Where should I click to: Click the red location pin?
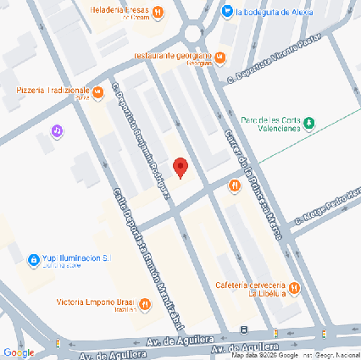180,167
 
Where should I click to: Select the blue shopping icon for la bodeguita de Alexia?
226,12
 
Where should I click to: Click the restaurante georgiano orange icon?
219,58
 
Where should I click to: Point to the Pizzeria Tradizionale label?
52,91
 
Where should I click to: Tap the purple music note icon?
57,131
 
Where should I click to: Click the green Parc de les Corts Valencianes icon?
309,124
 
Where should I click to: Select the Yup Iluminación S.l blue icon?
33,258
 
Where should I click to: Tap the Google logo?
18,351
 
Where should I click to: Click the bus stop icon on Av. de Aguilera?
243,330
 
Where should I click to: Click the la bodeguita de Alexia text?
275,12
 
